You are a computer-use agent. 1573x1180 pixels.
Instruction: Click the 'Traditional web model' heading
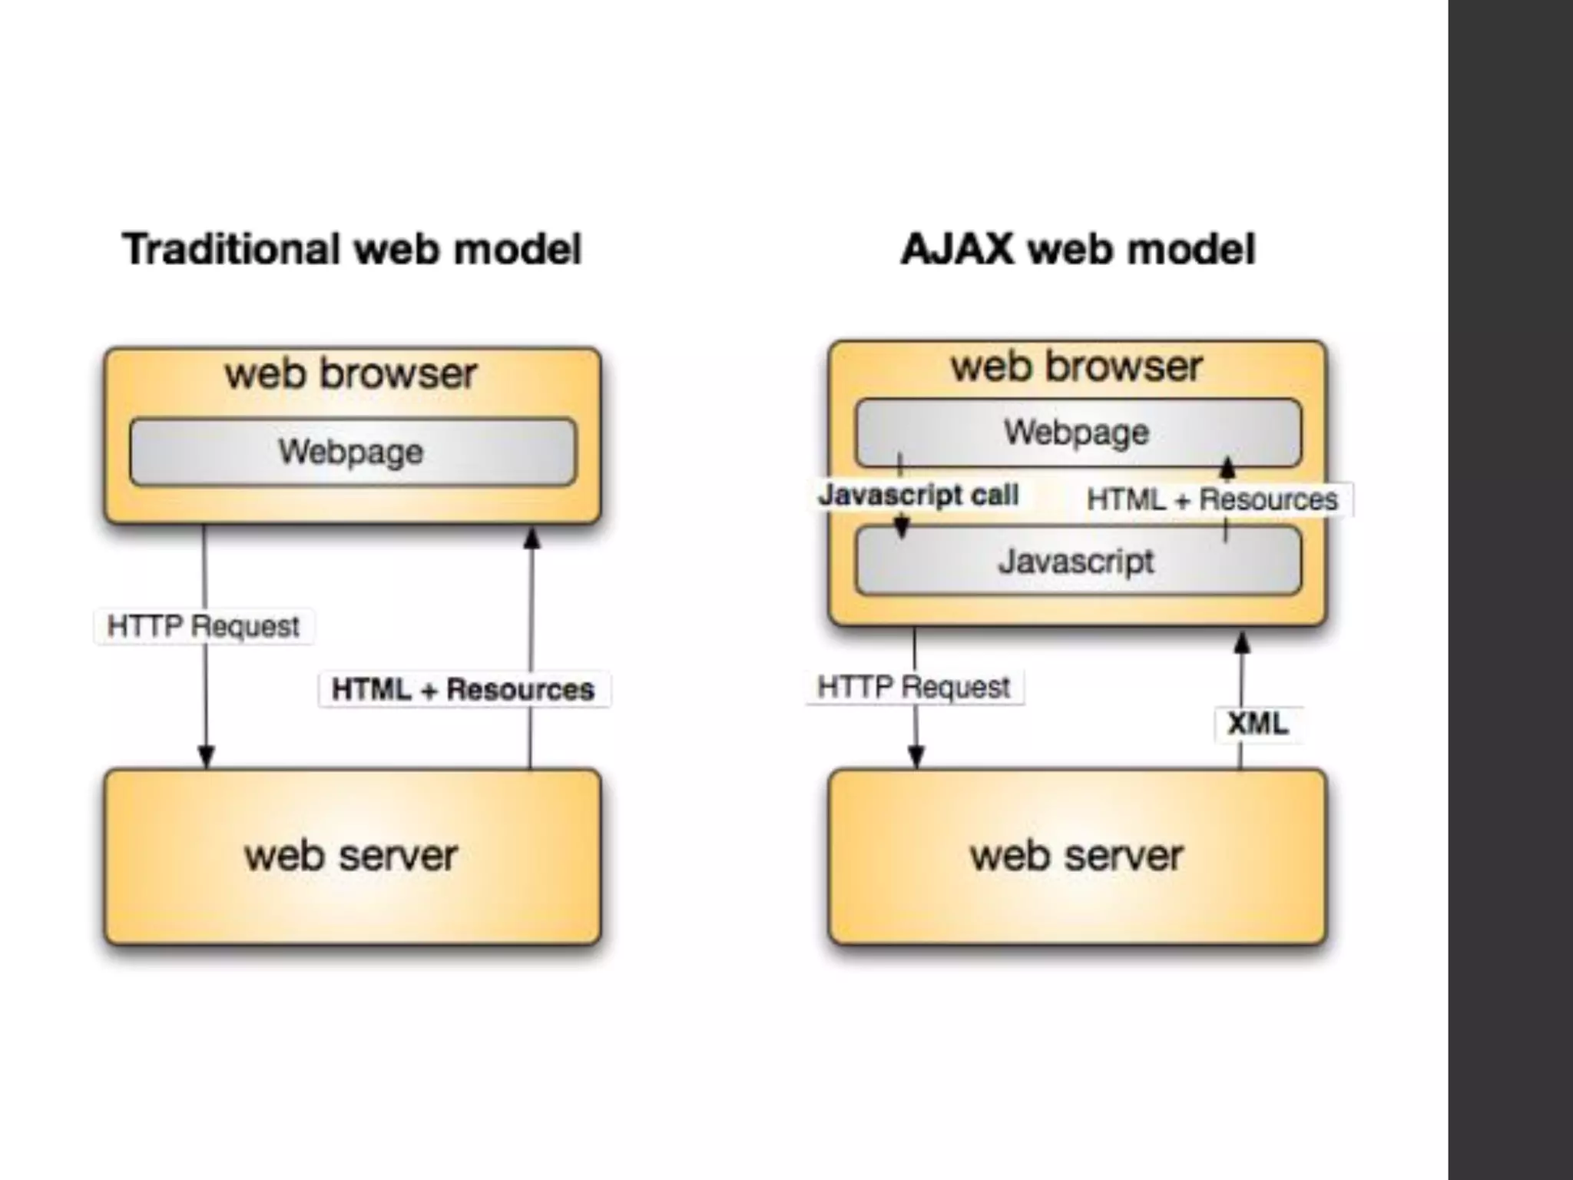[352, 249]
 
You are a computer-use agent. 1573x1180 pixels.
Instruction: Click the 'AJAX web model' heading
[1078, 249]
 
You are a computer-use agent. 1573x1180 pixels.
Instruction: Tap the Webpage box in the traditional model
[353, 452]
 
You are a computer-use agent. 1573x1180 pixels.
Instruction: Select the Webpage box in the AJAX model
[1078, 433]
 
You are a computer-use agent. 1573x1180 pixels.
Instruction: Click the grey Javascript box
[1078, 561]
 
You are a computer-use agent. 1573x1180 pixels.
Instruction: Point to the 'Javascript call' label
[919, 495]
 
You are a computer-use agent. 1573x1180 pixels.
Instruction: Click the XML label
[1257, 724]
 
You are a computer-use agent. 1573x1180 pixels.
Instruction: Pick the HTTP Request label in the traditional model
[203, 626]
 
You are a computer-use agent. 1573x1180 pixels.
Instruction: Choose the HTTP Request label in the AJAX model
[913, 687]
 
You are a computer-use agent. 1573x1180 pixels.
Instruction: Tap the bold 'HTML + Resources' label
[463, 689]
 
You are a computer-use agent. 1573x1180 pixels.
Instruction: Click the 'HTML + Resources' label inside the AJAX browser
[1212, 499]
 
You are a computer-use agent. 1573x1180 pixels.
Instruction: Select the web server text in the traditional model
[352, 856]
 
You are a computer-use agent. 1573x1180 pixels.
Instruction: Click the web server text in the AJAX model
[1077, 856]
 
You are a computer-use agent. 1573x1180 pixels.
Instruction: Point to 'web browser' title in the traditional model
[351, 374]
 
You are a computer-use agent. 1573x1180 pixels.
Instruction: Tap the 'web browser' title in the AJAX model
[1077, 366]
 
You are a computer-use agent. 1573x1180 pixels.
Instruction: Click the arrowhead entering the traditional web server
[206, 756]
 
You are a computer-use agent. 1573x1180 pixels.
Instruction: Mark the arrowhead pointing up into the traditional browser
[532, 538]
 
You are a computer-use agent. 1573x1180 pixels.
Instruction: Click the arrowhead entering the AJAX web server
[916, 756]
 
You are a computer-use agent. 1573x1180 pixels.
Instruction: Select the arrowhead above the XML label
[1242, 642]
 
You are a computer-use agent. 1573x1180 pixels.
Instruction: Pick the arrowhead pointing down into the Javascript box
[902, 526]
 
